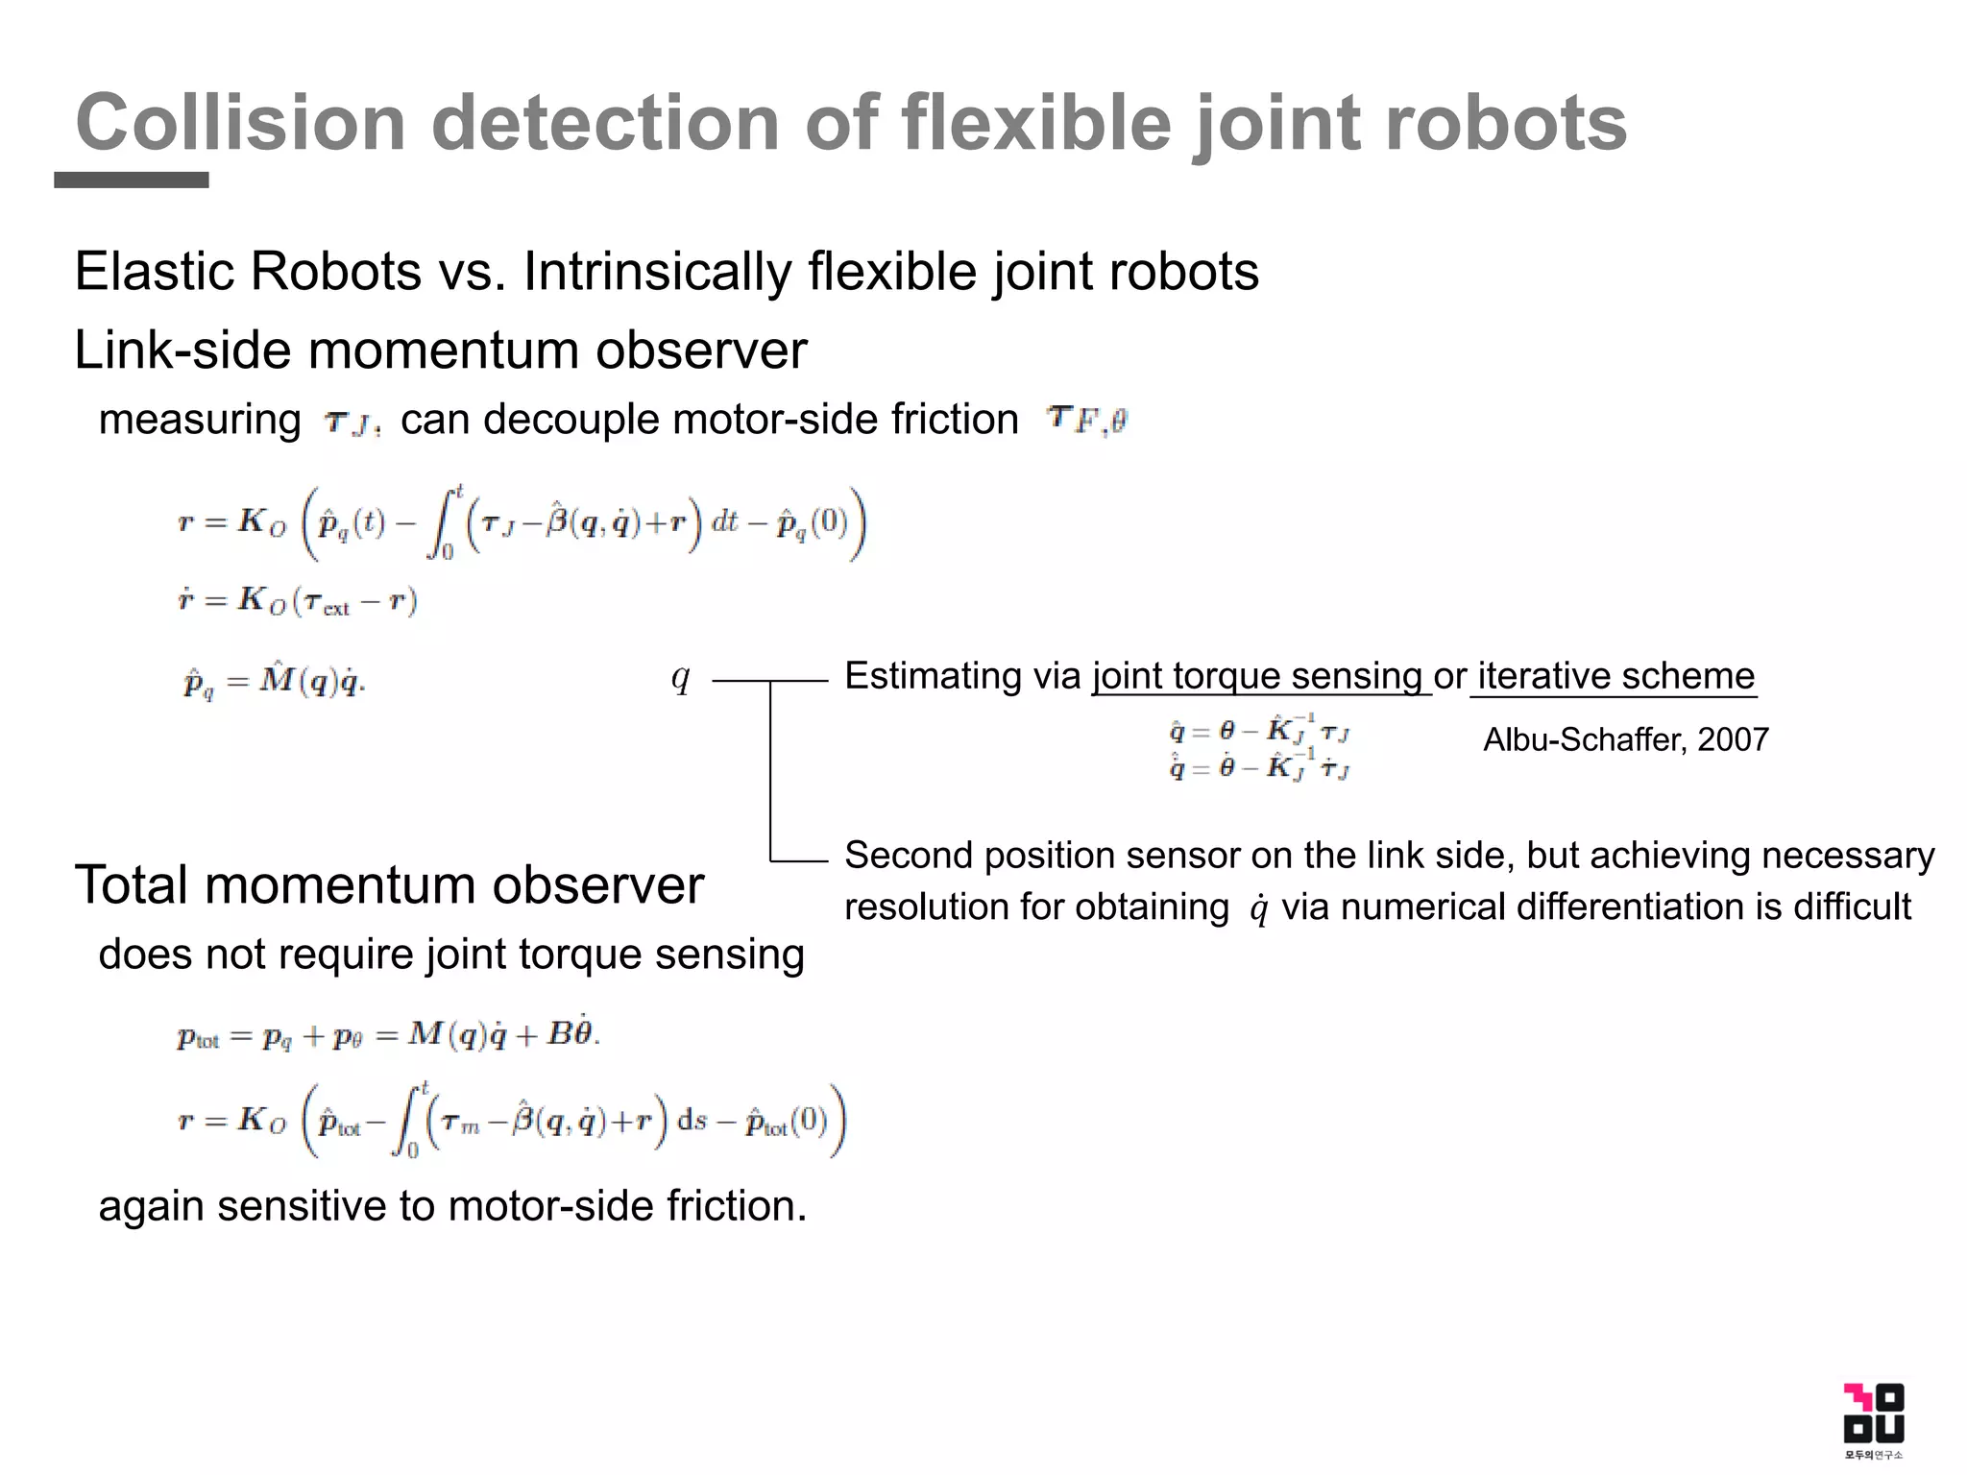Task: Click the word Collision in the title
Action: [x=240, y=123]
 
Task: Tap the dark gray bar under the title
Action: [x=132, y=180]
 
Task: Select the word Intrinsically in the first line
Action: [x=657, y=272]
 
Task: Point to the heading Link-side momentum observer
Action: [x=440, y=350]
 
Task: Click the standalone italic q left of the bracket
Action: [x=680, y=678]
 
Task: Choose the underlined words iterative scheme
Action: [x=1616, y=676]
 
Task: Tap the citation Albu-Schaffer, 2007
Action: [x=1625, y=739]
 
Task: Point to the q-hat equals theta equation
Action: [x=1259, y=731]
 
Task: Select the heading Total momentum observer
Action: [x=389, y=884]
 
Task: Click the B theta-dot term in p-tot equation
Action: [x=571, y=1033]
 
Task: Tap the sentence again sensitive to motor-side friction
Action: [x=452, y=1206]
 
